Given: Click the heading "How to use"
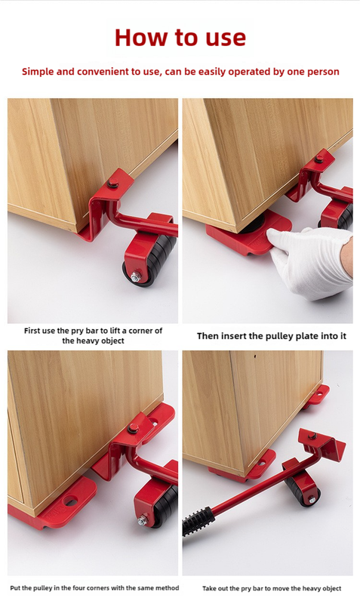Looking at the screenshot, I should pos(180,37).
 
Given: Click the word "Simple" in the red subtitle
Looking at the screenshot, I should pos(40,72).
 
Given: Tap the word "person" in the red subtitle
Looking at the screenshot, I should pos(320,72).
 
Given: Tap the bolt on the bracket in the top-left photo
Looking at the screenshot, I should pos(112,183).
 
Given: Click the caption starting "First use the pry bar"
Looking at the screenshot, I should pos(93,335).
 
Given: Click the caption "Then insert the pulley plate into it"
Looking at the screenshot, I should pos(266,335).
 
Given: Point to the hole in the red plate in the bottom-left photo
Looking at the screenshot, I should pos(70,500).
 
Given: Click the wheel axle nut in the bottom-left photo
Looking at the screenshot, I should pos(141,521).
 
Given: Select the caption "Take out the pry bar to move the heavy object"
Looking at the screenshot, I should pos(271,588).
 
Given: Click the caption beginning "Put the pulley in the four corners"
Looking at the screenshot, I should pos(94,587).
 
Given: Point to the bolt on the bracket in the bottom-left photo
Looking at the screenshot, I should pos(133,430).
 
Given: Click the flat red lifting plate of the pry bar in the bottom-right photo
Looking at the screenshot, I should pos(320,441).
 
